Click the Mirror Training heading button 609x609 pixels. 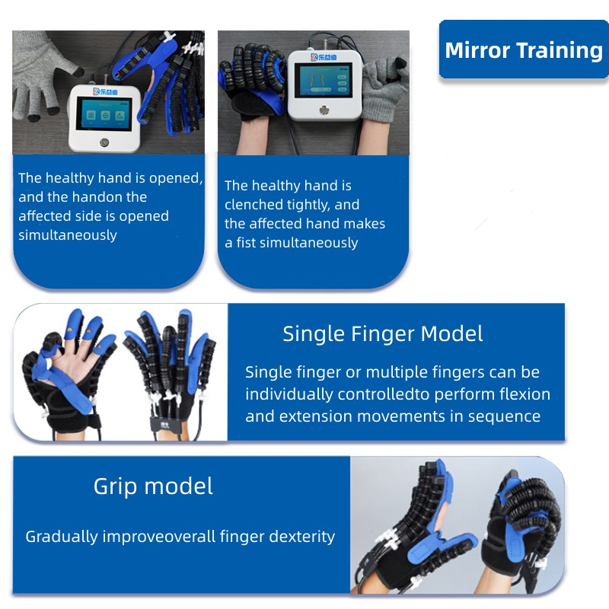524,51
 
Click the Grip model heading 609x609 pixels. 153,486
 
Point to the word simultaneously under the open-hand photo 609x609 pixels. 68,235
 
